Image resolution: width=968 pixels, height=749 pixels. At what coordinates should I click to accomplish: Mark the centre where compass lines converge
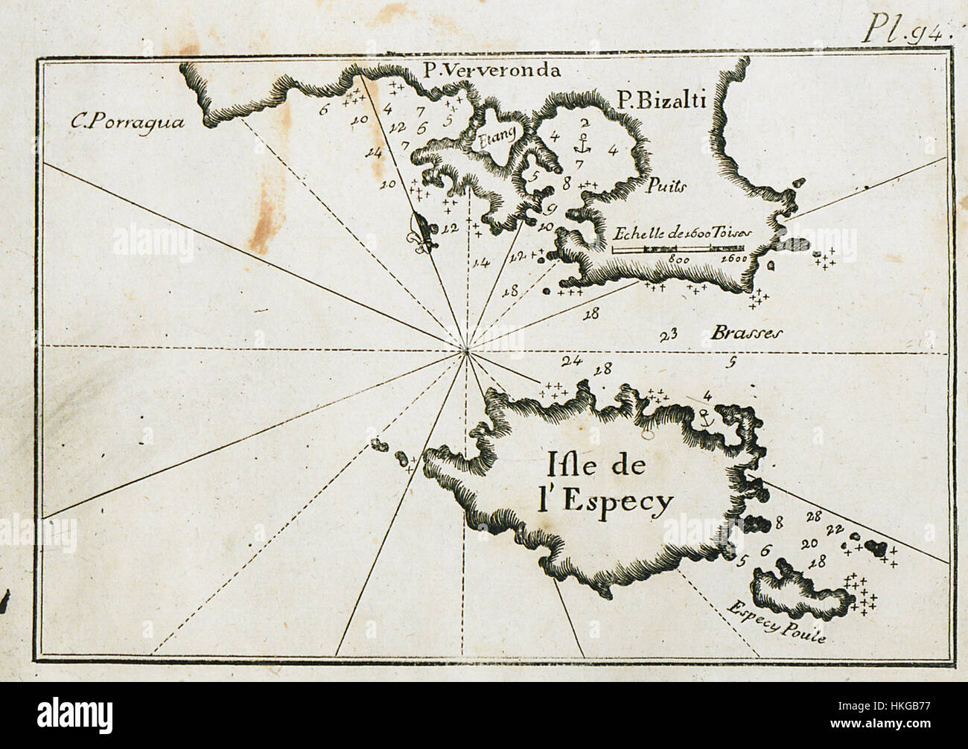pos(466,349)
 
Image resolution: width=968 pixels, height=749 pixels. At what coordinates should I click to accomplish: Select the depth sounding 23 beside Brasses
pos(668,334)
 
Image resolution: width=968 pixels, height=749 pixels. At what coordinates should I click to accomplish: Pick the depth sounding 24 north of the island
pos(571,361)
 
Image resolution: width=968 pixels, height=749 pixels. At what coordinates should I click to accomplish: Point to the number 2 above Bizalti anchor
pos(585,121)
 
